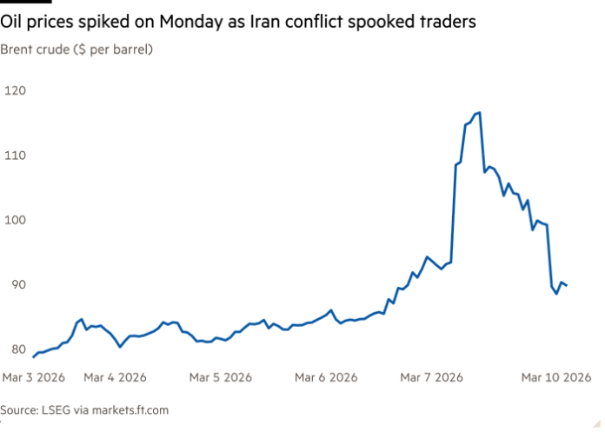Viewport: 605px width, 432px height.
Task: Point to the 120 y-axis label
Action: click(x=15, y=90)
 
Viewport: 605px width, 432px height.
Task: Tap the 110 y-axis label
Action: click(x=15, y=155)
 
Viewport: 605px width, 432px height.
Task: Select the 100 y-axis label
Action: click(x=15, y=220)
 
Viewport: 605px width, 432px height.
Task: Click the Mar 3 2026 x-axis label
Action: click(x=34, y=377)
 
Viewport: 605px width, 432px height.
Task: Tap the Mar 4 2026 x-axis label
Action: click(x=116, y=377)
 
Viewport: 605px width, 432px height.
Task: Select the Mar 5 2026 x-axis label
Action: click(x=221, y=377)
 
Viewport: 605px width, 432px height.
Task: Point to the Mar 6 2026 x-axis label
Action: click(x=326, y=377)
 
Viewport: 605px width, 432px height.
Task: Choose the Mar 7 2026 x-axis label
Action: click(x=431, y=377)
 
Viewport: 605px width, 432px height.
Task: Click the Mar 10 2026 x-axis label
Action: click(x=556, y=377)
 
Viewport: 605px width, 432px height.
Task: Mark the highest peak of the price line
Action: click(x=478, y=112)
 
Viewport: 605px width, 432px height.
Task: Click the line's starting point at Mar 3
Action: click(x=32, y=355)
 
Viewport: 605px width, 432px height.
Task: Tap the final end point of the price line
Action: click(x=567, y=285)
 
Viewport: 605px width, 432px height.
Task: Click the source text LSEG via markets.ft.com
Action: click(x=84, y=409)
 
